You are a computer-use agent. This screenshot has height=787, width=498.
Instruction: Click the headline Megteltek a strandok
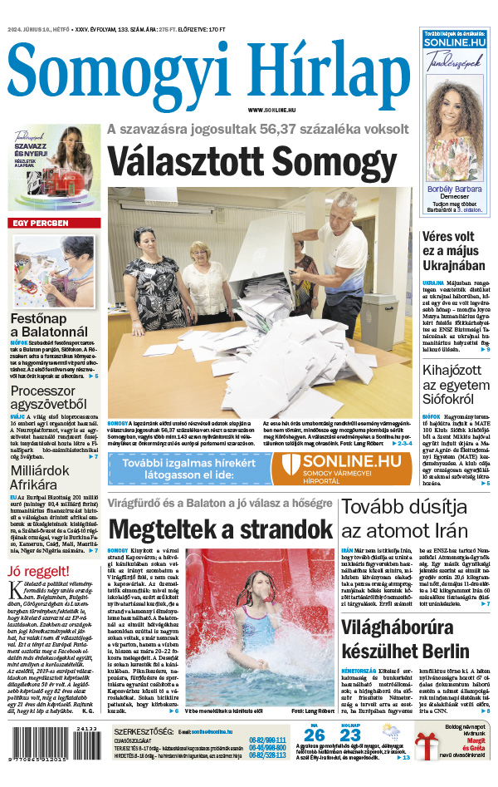220,529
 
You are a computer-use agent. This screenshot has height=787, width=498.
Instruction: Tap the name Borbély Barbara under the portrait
456,187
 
